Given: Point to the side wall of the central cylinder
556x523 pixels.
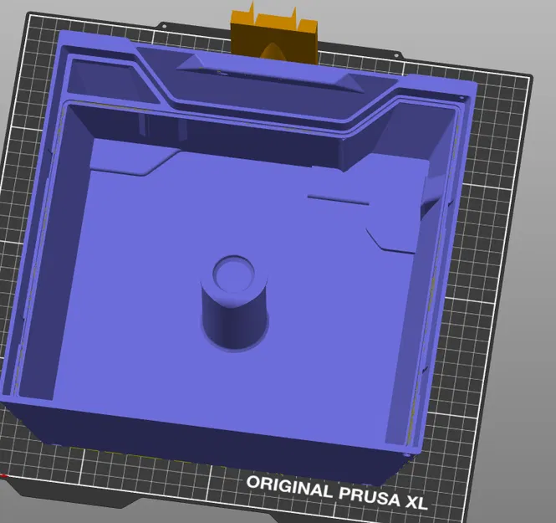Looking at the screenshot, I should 233,314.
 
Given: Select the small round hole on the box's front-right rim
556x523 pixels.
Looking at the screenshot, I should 408,453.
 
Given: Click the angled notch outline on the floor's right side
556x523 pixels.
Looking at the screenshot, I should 393,243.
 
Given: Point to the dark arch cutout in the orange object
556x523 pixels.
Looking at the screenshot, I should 273,51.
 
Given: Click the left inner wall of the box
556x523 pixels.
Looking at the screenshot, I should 50,251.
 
